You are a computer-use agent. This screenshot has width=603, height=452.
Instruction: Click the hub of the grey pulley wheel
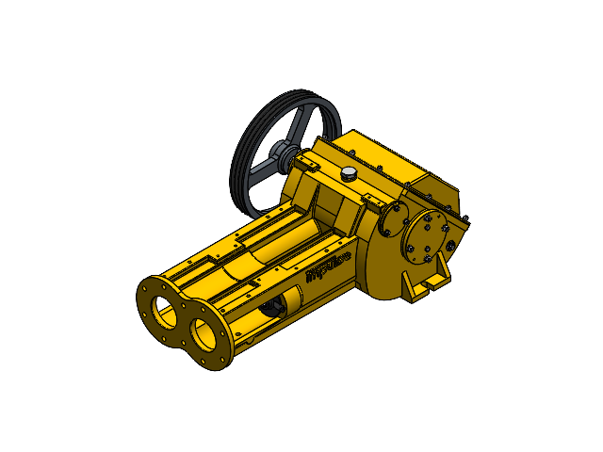281,153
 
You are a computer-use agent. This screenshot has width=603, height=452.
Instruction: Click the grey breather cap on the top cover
349,173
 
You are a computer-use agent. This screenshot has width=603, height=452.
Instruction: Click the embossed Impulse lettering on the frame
329,266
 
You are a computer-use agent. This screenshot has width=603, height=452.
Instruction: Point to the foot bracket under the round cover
430,280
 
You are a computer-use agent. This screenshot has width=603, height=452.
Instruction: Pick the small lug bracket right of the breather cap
370,200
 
